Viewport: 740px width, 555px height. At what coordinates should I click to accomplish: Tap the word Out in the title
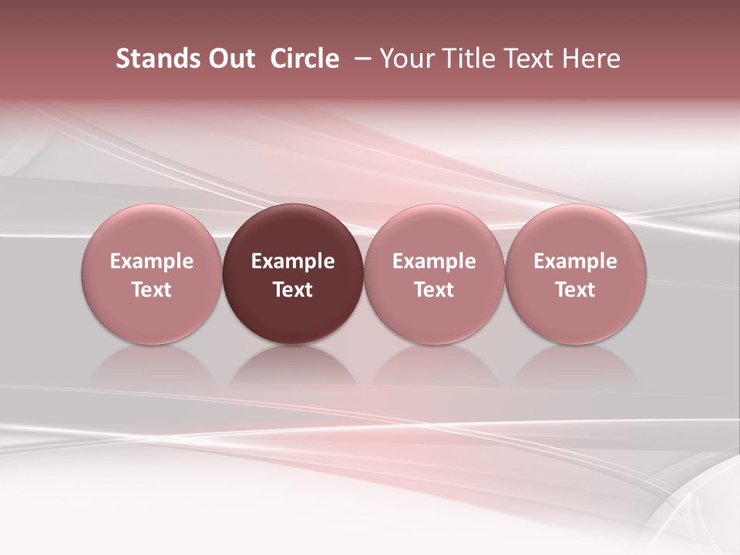click(230, 59)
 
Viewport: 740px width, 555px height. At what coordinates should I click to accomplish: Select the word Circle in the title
click(304, 59)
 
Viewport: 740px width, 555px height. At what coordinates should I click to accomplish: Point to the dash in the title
click(363, 59)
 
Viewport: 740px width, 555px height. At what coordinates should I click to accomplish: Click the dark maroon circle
click(293, 274)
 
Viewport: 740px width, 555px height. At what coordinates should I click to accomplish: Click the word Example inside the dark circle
click(293, 261)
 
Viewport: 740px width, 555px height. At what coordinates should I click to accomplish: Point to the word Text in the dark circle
click(293, 290)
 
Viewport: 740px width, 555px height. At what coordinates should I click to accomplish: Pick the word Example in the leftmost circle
click(152, 261)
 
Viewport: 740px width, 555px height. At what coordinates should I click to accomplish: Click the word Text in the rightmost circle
click(575, 290)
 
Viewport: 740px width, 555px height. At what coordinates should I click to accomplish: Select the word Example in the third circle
click(434, 261)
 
